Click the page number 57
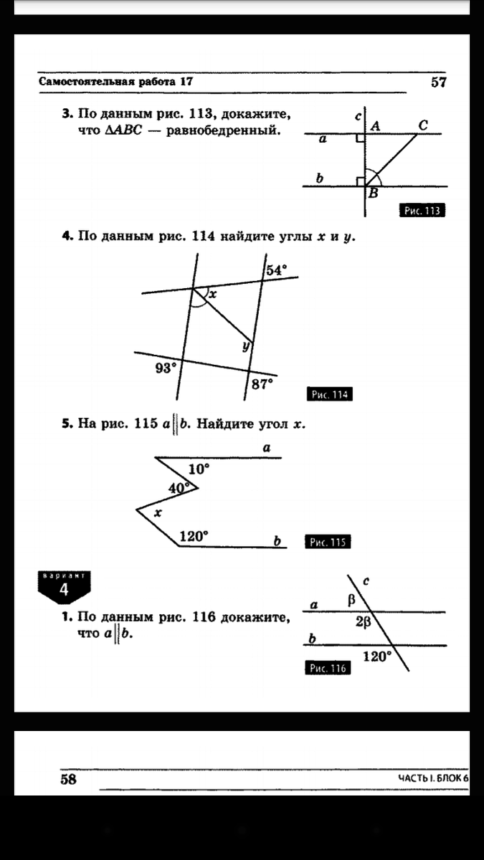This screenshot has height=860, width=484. click(439, 82)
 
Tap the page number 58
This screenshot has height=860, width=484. click(68, 779)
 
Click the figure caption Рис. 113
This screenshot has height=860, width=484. click(422, 211)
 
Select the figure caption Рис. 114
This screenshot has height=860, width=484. click(330, 395)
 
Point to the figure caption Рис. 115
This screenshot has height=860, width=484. click(328, 543)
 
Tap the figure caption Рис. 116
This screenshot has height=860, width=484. click(327, 669)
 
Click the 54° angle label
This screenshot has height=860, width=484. click(276, 270)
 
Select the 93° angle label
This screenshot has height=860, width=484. click(165, 368)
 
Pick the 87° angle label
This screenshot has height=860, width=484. click(262, 384)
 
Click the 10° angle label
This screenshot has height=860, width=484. click(199, 469)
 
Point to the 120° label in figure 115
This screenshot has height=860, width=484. click(194, 535)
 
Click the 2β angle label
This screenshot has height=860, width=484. click(363, 623)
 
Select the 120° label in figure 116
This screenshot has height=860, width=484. click(377, 655)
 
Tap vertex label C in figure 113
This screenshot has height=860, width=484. click(423, 125)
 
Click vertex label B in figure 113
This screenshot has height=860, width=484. click(373, 193)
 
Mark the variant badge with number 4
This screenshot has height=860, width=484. click(64, 587)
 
